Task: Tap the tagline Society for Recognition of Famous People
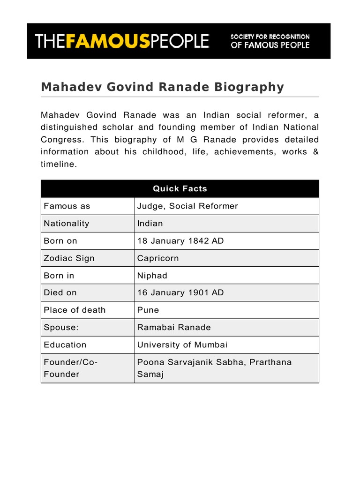click(270, 41)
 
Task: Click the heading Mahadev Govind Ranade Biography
click(162, 87)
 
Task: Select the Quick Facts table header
click(180, 188)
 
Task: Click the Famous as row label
click(67, 206)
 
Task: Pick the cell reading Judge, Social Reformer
click(187, 206)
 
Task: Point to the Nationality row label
click(66, 224)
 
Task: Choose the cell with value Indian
click(150, 224)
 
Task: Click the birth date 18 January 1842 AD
click(180, 241)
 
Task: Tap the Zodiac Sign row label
click(69, 258)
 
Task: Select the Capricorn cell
click(158, 258)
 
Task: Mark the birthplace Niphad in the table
click(152, 276)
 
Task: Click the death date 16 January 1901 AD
click(180, 292)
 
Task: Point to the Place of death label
click(75, 310)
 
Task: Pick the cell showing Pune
click(148, 310)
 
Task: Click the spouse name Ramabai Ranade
click(174, 327)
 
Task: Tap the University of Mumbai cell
click(182, 345)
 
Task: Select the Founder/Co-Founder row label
click(70, 368)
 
